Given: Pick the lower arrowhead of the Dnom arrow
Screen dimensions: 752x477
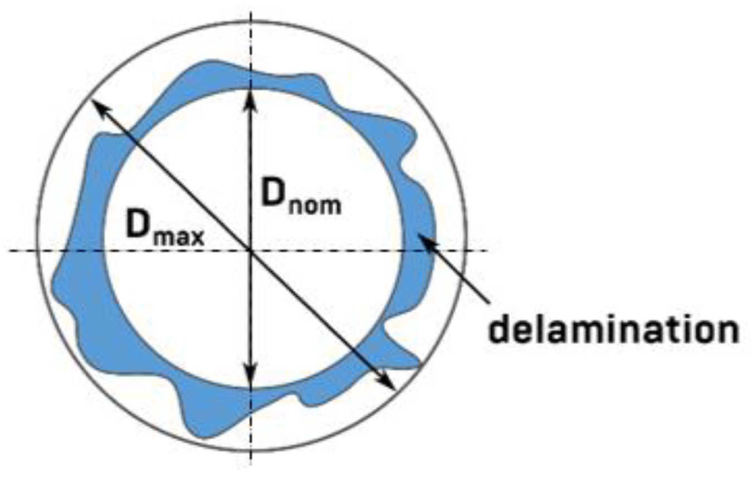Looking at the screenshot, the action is (x=251, y=380).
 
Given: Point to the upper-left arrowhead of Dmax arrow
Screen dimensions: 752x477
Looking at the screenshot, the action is (x=97, y=105).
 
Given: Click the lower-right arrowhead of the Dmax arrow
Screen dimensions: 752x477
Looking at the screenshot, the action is (x=388, y=383).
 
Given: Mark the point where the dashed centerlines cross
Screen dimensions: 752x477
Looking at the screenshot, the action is (x=251, y=250).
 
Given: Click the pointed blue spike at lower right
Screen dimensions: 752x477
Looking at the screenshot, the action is (x=415, y=365).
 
